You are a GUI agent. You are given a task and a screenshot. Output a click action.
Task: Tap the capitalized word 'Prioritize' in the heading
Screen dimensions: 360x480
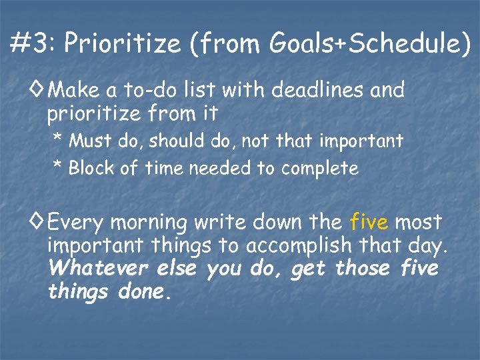(123, 44)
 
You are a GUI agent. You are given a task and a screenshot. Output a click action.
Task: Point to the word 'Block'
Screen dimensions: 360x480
(91, 169)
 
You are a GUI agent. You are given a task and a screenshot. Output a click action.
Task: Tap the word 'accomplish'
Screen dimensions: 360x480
(299, 246)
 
